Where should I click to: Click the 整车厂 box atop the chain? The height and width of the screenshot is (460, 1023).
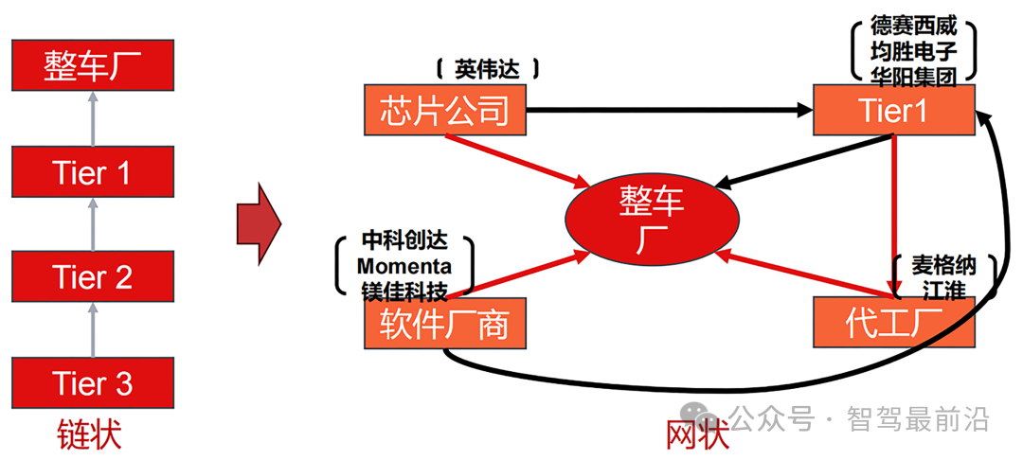[x=92, y=67]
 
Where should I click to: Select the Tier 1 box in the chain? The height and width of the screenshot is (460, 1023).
[x=92, y=172]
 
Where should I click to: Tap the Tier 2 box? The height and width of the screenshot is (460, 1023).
[x=92, y=277]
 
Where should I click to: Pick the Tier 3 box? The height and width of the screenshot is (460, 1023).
[x=92, y=383]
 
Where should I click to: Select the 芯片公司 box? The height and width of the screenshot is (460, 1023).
[x=444, y=110]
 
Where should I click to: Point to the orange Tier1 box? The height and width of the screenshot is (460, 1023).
[x=894, y=110]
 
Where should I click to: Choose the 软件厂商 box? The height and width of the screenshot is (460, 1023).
[x=444, y=325]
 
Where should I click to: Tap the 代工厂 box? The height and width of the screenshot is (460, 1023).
[x=894, y=324]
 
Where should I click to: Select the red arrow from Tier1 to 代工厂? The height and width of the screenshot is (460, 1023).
[x=892, y=213]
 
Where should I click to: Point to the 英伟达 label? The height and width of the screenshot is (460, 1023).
[x=487, y=68]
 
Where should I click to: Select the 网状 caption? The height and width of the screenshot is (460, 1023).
[x=698, y=435]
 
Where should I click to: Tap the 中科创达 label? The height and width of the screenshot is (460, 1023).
[x=404, y=240]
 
